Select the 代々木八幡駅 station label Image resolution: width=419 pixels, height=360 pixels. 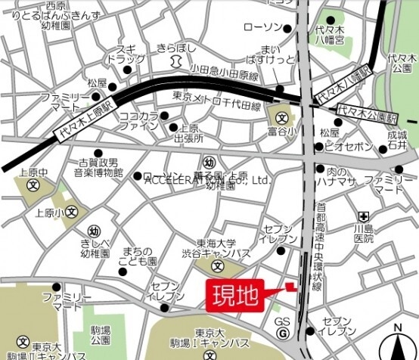pos(343,84)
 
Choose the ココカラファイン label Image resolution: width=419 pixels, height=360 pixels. pos(138,122)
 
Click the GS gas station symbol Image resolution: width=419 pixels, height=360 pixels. pos(281,334)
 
